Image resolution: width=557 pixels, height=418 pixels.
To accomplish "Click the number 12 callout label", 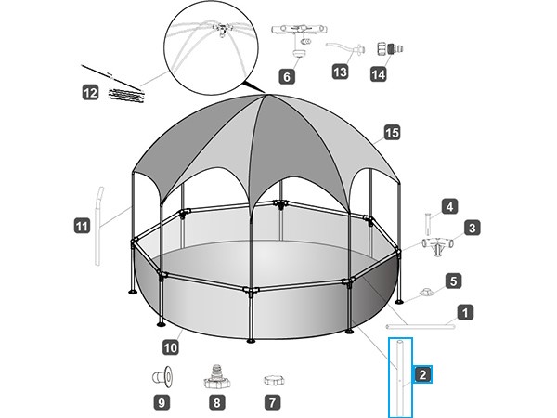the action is tap(91, 93).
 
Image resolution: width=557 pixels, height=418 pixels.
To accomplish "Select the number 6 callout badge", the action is tap(287, 76).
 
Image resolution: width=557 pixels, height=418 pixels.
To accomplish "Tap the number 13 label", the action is tap(340, 72).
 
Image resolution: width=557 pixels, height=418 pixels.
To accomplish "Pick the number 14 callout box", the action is tap(379, 74).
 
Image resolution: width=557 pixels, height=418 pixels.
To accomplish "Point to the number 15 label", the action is tap(392, 133).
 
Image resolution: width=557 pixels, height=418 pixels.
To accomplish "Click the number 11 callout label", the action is tap(82, 226).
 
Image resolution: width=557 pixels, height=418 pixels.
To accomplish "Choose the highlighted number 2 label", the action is tap(422, 374).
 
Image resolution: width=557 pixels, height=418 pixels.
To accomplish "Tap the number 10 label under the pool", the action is tap(171, 346).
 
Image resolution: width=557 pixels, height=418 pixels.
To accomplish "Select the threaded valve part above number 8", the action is tap(217, 377).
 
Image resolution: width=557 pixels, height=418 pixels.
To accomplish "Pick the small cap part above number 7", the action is tap(274, 380).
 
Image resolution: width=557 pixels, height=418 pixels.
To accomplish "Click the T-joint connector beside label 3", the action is tap(438, 245).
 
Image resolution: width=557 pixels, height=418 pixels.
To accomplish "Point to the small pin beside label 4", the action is tap(428, 224).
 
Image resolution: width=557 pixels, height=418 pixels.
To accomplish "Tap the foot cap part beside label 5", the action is tap(425, 293).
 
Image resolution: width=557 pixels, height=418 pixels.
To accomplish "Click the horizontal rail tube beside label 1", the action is tap(421, 326).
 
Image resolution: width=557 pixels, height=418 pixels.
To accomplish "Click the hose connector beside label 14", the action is tap(390, 49).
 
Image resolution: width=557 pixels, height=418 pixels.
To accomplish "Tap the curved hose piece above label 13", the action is tap(345, 48).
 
